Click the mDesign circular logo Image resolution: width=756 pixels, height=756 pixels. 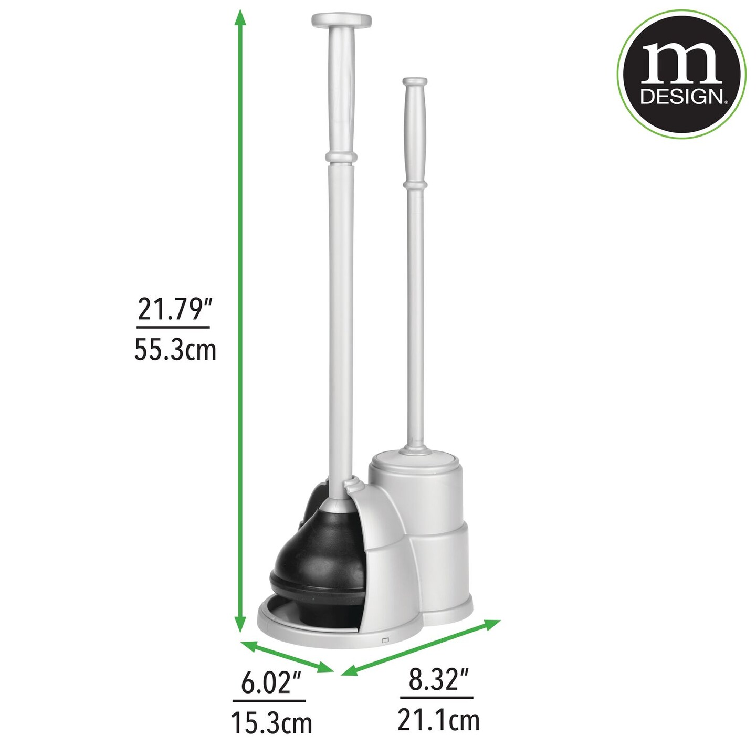pyautogui.click(x=681, y=74)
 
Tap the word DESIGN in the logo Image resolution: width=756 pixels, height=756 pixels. pyautogui.click(x=682, y=97)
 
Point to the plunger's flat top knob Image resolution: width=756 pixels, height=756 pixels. pyautogui.click(x=342, y=20)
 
